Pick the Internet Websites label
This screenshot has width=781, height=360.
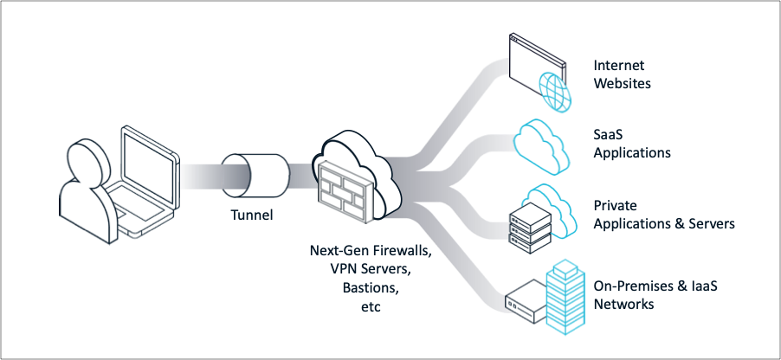tap(622, 74)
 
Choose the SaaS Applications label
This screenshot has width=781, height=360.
tap(632, 144)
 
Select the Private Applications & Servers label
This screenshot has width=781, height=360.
tap(663, 215)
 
